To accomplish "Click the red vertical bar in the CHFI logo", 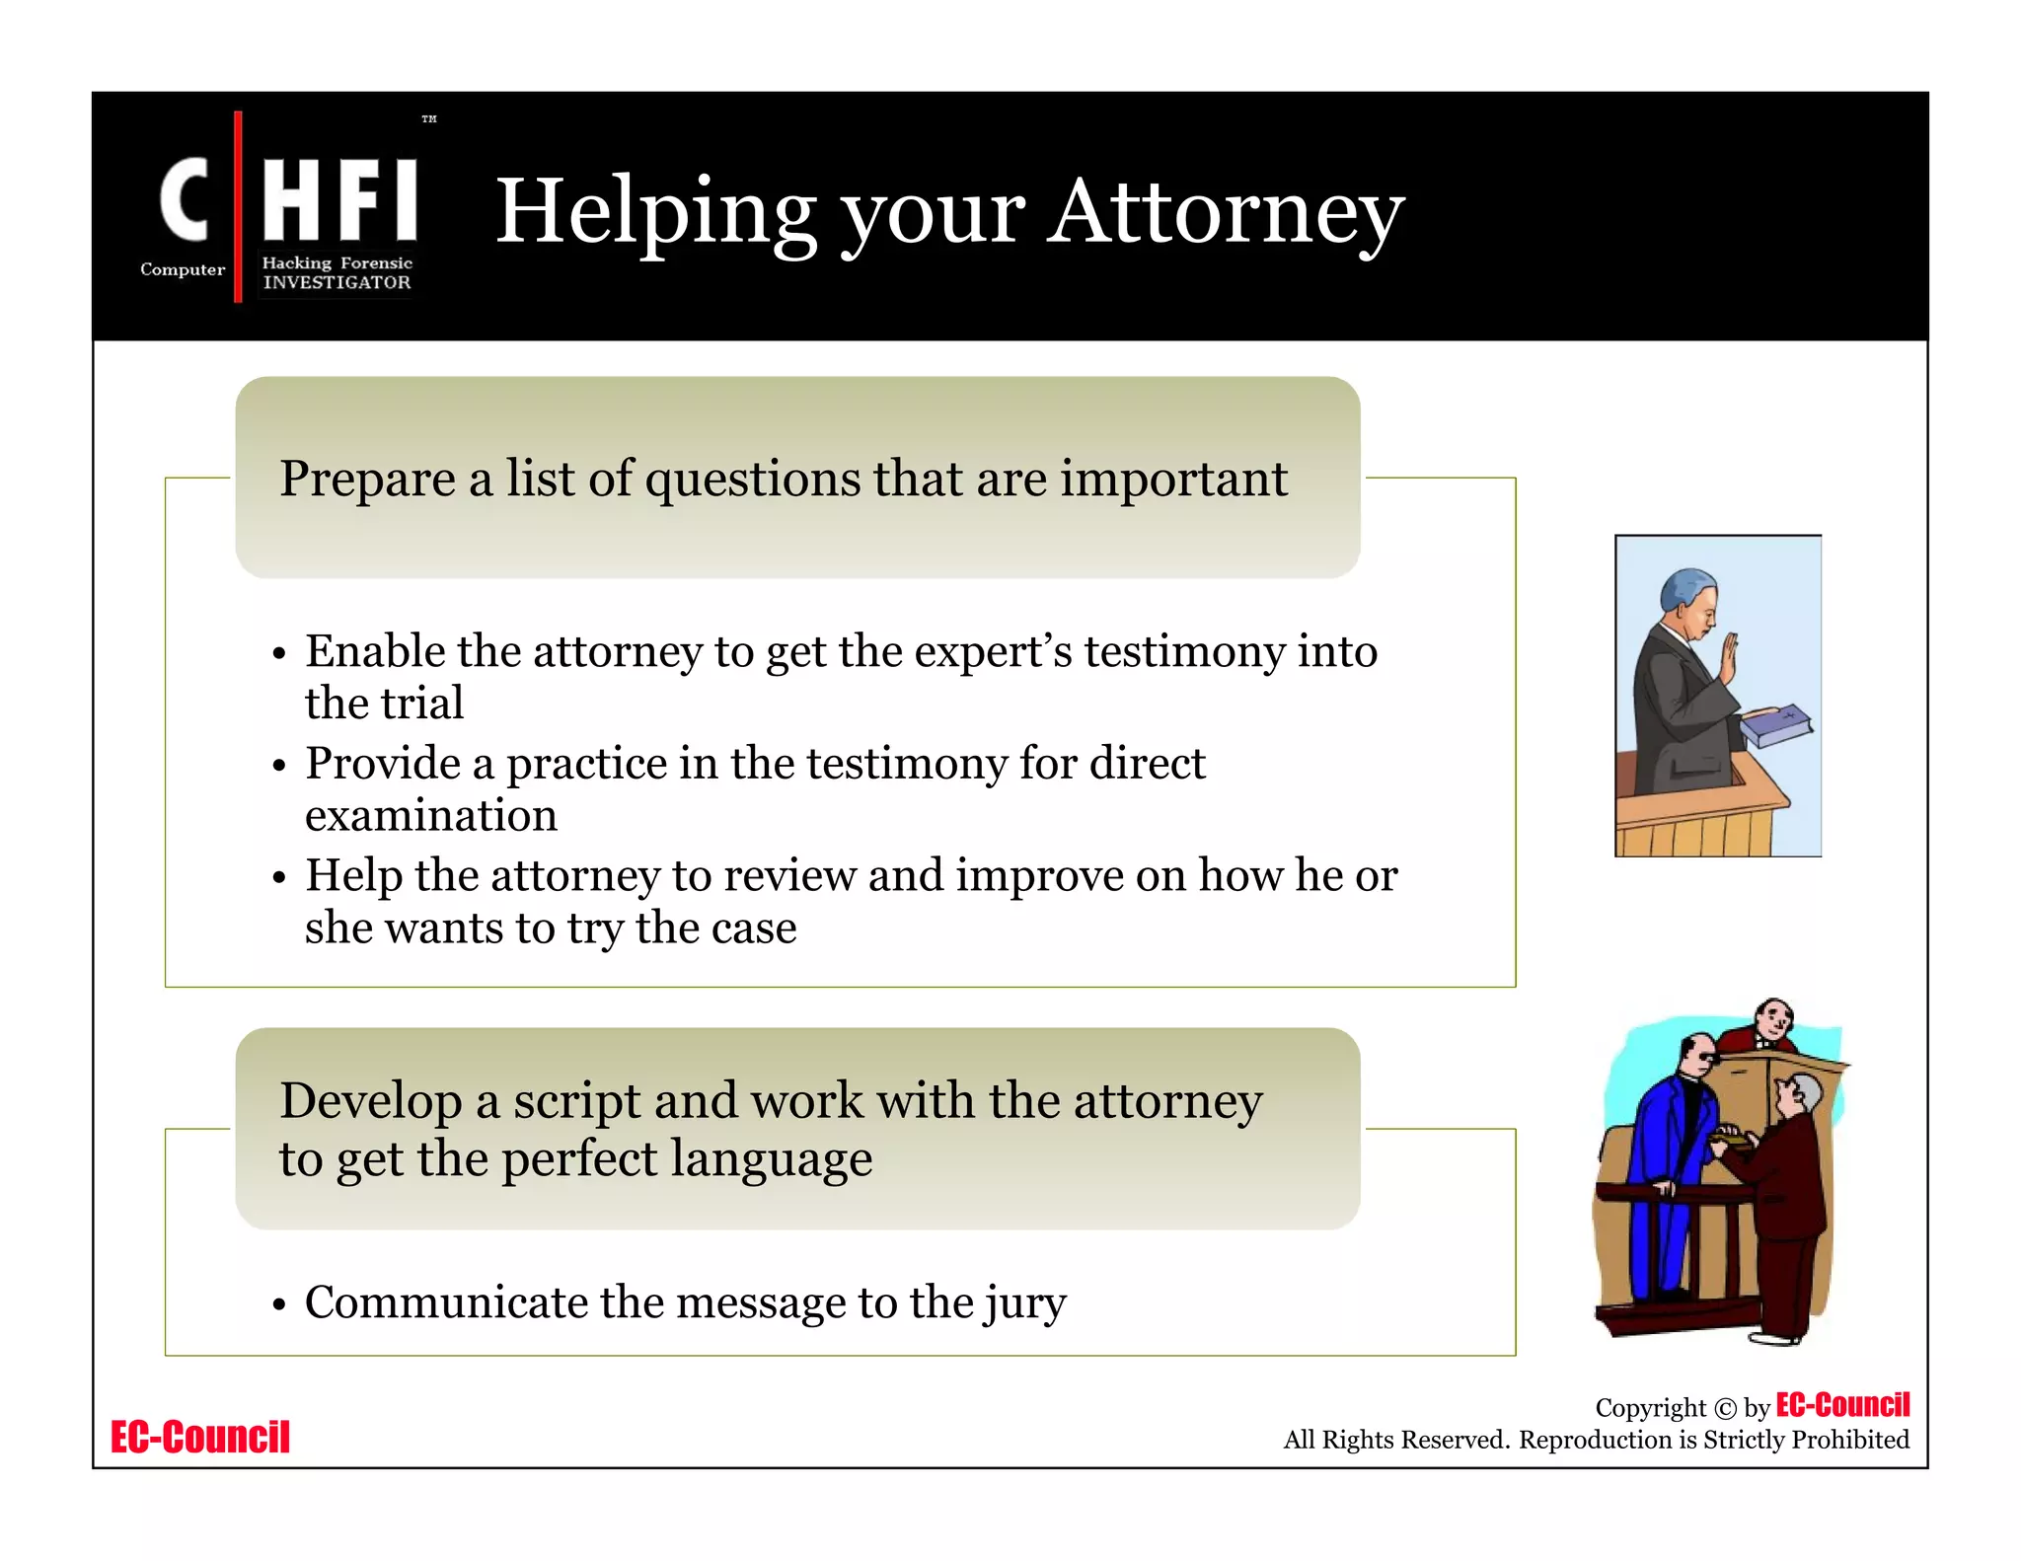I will tap(238, 206).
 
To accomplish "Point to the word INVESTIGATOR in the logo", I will tap(337, 283).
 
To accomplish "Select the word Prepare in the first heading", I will tap(367, 480).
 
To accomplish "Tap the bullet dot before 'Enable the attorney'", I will tap(279, 654).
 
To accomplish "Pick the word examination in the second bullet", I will tap(431, 816).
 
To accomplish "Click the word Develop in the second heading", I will tap(370, 1100).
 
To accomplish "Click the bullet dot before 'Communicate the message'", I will tap(279, 1304).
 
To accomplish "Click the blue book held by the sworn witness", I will tap(1776, 725).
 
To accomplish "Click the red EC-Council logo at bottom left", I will tap(200, 1437).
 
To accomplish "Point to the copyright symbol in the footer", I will tap(1725, 1408).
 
